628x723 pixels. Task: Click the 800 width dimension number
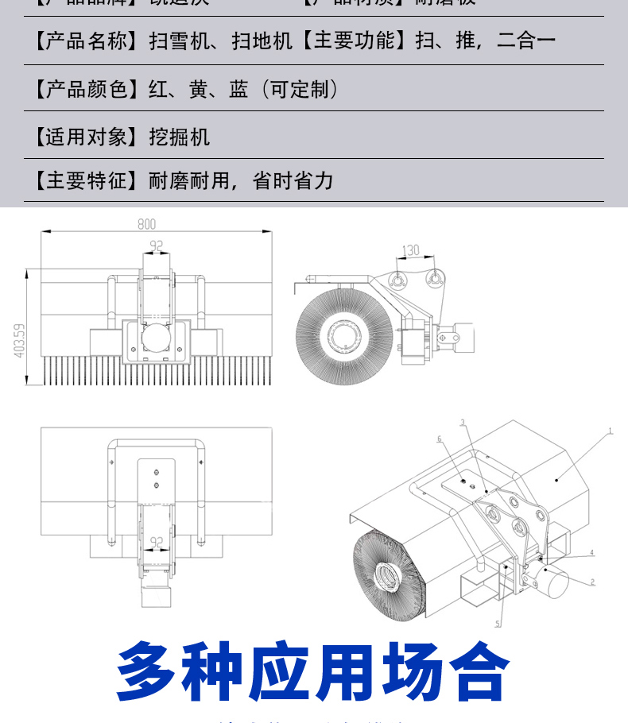coord(146,224)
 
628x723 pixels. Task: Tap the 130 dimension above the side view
coord(410,250)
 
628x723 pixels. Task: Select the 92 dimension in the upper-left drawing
coord(157,246)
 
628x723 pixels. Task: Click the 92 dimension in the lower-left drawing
coord(157,542)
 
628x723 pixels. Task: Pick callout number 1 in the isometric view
coord(610,431)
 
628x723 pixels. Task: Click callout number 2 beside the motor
coord(592,582)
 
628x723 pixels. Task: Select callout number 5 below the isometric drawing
coord(498,624)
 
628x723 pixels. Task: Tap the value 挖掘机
coord(180,137)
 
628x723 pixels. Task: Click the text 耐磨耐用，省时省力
coord(241,181)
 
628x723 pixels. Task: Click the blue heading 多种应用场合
coord(313,671)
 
